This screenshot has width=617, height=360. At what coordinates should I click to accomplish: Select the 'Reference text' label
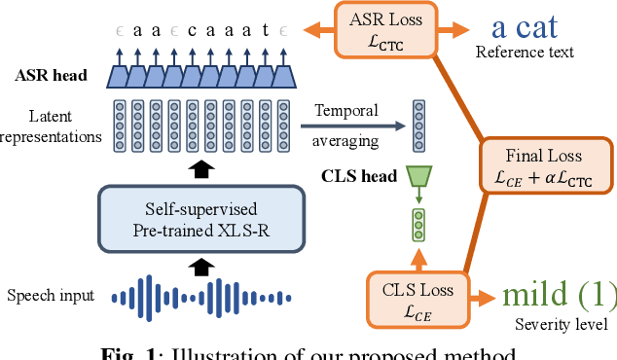coord(525,52)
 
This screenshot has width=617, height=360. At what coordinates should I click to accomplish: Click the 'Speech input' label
coord(50,295)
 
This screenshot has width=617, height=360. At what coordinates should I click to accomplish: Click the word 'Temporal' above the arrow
coord(345,112)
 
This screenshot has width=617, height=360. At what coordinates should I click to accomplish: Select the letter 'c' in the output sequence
coord(193,30)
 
